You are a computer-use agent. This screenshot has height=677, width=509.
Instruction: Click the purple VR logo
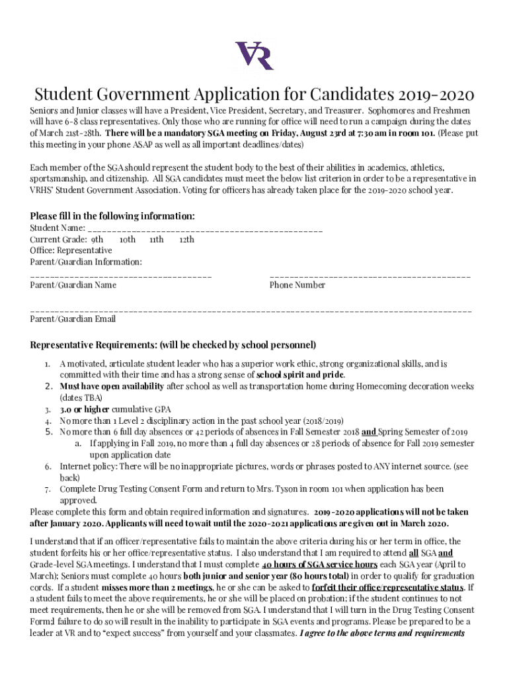click(255, 56)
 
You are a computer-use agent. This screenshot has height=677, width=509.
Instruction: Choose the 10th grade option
click(127, 239)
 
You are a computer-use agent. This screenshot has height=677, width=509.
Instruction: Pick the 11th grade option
click(157, 239)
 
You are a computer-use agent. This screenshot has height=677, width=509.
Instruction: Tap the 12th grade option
click(187, 239)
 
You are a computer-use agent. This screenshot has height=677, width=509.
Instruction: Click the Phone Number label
click(297, 285)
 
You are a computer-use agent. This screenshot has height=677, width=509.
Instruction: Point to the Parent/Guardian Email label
click(73, 319)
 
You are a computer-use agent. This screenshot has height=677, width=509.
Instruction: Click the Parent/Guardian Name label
click(73, 285)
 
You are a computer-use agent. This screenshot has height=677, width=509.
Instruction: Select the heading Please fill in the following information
click(112, 216)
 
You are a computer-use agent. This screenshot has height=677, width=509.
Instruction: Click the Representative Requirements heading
click(173, 345)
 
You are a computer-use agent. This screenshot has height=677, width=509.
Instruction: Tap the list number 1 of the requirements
click(47, 364)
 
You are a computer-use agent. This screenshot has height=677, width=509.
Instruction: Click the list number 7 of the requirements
click(47, 490)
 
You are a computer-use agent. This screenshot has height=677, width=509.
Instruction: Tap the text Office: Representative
click(71, 251)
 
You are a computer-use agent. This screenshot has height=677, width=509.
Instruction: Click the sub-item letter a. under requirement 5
click(78, 444)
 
